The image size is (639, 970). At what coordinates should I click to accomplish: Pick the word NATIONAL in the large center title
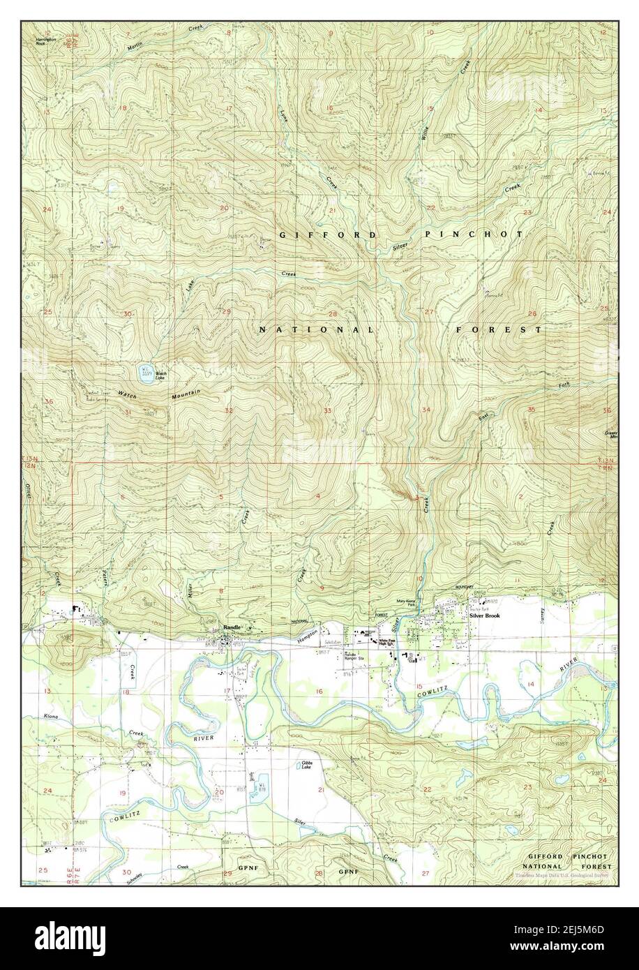(317, 329)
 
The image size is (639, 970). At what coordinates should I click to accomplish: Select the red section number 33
(327, 410)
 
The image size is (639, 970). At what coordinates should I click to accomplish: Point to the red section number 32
(228, 410)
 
